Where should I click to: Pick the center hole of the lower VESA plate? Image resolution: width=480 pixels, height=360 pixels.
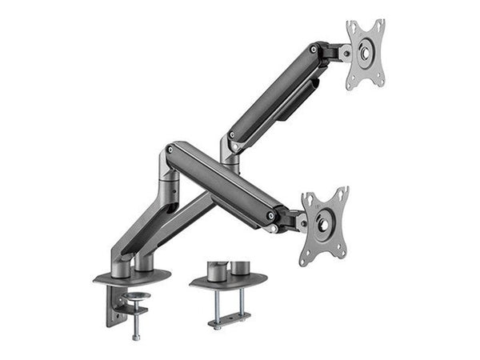pos(324,226)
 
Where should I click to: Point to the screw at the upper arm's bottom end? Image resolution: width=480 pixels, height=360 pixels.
pos(232,134)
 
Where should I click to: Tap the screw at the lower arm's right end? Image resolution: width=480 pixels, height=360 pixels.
pos(272,215)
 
